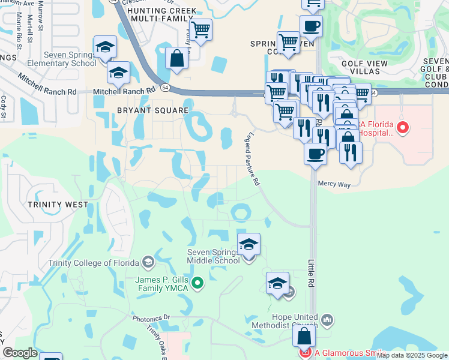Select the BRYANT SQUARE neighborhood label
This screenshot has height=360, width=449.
(x=153, y=111)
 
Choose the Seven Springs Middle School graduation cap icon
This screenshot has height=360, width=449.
(x=249, y=244)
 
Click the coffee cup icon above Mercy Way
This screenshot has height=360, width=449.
(x=315, y=154)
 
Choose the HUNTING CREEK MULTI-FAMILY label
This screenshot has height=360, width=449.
(x=158, y=16)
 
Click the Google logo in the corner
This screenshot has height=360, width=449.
(x=20, y=353)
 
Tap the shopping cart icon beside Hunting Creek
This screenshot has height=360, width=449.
(x=201, y=28)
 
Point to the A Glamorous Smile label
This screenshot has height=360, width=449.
(x=349, y=353)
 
